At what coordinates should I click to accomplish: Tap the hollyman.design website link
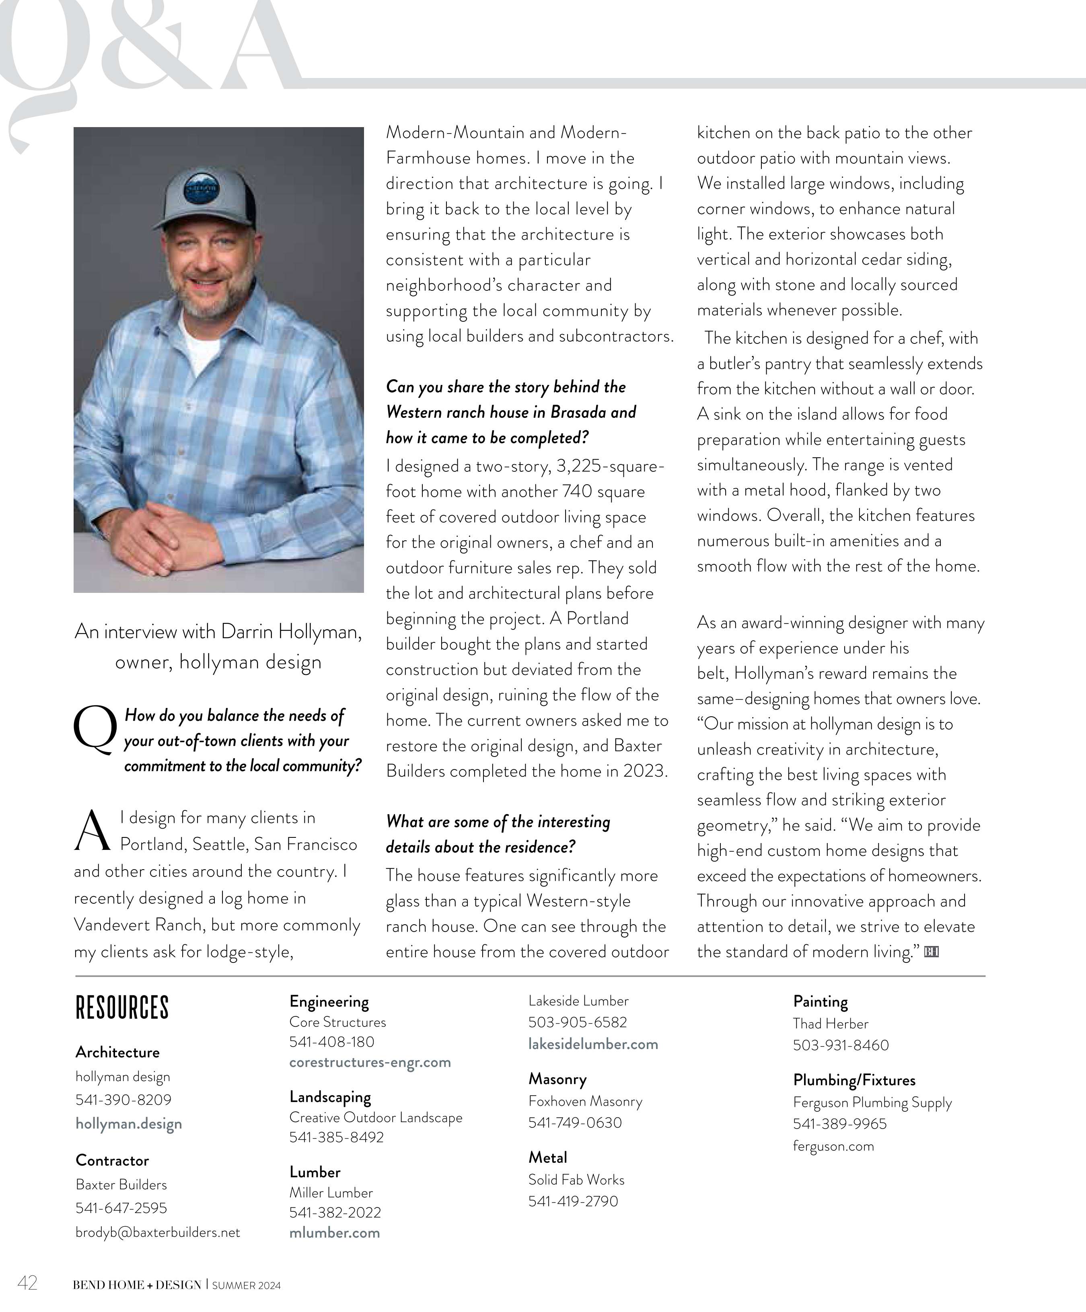click(129, 1123)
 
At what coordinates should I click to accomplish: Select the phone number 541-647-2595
click(121, 1208)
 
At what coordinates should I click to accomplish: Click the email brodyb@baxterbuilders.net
click(157, 1232)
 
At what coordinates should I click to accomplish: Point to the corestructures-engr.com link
click(370, 1062)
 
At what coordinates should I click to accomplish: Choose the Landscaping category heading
click(330, 1097)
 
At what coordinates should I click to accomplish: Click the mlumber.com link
click(334, 1233)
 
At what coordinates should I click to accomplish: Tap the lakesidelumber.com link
click(593, 1044)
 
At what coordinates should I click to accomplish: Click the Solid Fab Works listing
click(576, 1180)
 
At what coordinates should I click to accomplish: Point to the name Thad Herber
click(831, 1023)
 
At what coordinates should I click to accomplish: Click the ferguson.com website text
click(833, 1146)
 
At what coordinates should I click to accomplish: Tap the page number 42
click(27, 1283)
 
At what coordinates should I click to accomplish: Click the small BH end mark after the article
click(931, 952)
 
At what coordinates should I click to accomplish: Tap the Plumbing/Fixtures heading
click(854, 1080)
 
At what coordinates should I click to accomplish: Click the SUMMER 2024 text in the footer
click(246, 1285)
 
